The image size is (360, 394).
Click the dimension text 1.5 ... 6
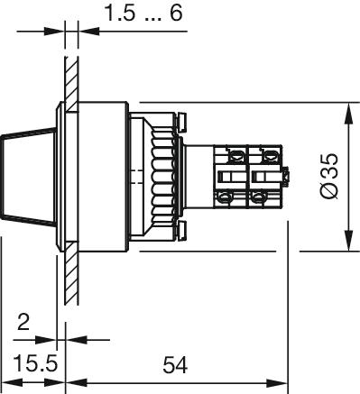pos(144,14)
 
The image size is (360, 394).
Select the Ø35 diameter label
pos(329,176)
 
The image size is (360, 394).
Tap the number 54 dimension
pos(175,365)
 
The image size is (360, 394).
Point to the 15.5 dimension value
pos(35,363)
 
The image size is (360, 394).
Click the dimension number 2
pos(23,322)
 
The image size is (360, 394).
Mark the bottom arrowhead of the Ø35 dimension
pos(348,240)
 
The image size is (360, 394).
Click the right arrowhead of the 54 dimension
pos(277,383)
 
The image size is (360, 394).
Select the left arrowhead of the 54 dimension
pos(77,383)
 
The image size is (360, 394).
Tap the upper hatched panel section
pos(71,83)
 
